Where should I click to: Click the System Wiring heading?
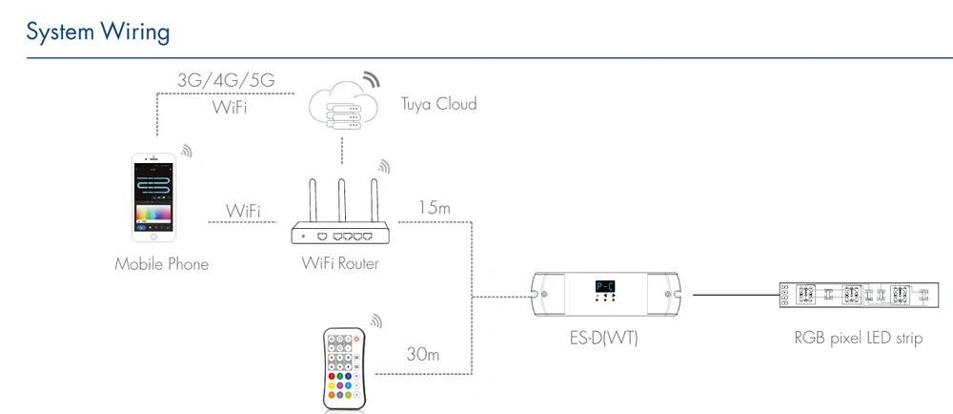pos(98,32)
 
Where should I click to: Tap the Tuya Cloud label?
pos(438,104)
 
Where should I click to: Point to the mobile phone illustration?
pos(153,197)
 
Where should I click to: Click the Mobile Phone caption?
pos(162,264)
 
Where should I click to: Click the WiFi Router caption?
pos(340,263)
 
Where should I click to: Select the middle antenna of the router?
pos(342,200)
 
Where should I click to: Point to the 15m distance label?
pos(435,208)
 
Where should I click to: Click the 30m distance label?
pos(424,354)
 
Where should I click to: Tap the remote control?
pos(344,369)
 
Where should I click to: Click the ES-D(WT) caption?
pos(599,338)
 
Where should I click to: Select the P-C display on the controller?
pos(605,286)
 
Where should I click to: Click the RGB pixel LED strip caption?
pos(859,338)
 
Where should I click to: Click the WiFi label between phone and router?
pos(243,211)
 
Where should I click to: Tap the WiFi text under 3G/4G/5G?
pos(229,108)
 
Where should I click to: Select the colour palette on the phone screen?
pos(154,214)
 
